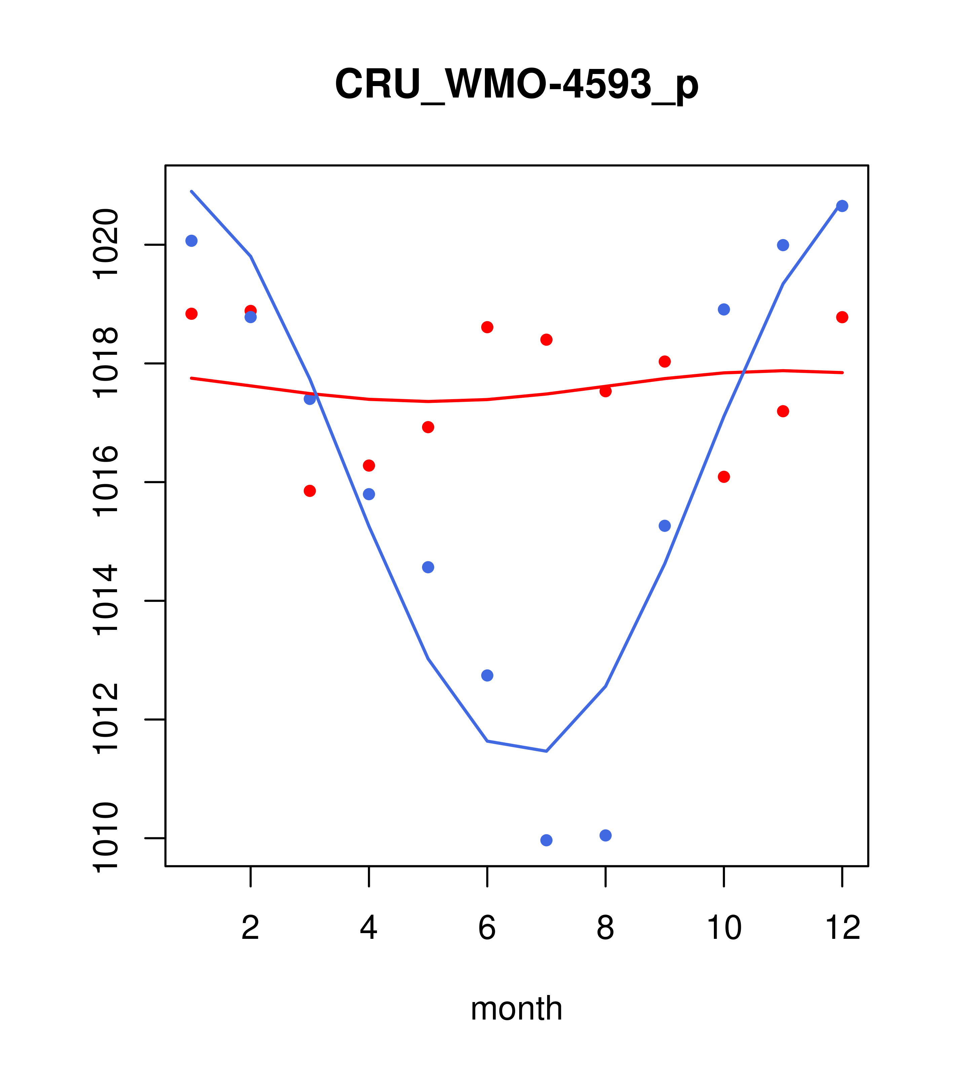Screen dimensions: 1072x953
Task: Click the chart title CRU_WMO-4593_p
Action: [517, 84]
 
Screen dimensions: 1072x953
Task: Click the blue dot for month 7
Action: [546, 840]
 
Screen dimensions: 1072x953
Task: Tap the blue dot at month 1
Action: [191, 241]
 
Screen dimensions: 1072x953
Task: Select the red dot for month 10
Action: [724, 477]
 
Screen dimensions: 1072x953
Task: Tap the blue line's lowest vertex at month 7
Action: [546, 751]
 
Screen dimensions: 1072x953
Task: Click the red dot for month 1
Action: [191, 314]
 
